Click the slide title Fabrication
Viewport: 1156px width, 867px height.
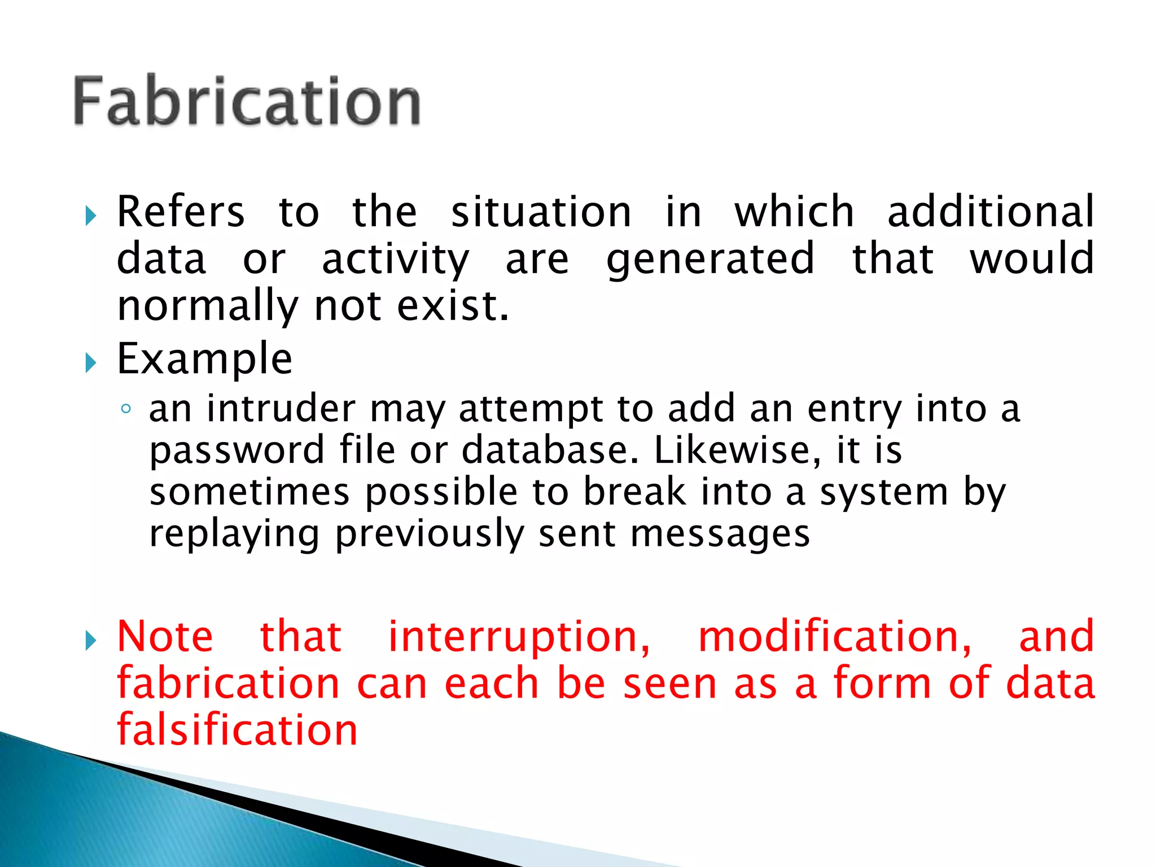(x=247, y=102)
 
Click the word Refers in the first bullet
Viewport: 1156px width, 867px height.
(x=181, y=212)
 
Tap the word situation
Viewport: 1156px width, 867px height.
(x=541, y=212)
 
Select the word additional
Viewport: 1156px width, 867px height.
(x=991, y=212)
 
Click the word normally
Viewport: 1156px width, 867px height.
(x=207, y=306)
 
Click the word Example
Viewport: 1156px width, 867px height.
(x=204, y=359)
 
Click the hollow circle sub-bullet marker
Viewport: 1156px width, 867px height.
(x=126, y=409)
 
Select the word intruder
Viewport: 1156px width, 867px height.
(x=281, y=409)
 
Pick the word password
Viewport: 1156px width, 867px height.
(x=237, y=450)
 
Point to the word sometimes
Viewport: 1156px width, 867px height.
(x=249, y=492)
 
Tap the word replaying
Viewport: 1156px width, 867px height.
(x=234, y=534)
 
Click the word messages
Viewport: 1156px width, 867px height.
(x=720, y=534)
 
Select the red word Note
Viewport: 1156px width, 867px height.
(x=165, y=637)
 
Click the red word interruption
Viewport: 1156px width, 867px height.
(x=519, y=637)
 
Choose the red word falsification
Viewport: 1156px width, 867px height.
(x=237, y=730)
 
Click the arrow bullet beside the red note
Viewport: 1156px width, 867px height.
(x=91, y=641)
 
